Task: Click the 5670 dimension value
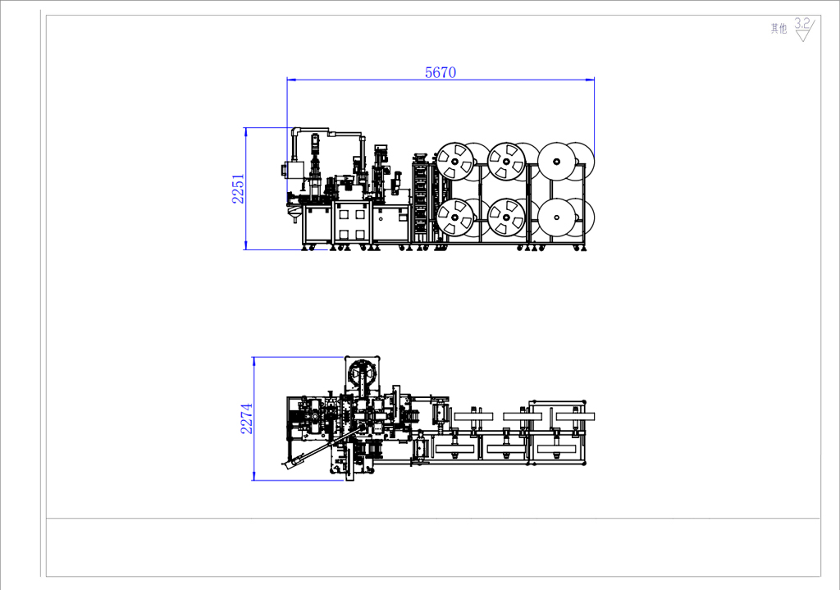[441, 72]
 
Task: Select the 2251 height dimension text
[238, 189]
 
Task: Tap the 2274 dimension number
[246, 418]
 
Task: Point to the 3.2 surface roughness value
[801, 24]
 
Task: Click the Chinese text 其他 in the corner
[779, 29]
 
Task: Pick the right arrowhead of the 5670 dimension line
[590, 80]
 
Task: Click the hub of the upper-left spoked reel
[455, 161]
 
